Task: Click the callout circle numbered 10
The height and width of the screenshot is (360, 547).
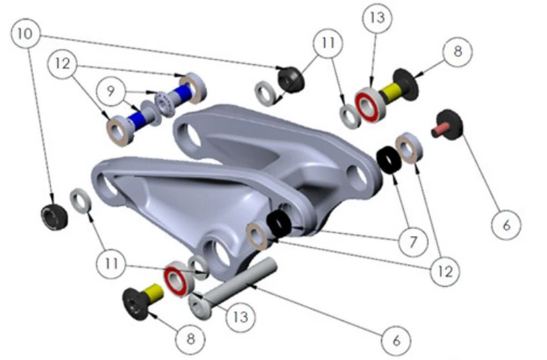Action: (x=26, y=34)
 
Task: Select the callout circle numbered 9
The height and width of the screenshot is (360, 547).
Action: (x=111, y=91)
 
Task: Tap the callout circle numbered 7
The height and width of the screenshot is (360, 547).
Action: (x=414, y=241)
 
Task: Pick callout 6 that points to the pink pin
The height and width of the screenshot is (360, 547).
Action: (x=506, y=225)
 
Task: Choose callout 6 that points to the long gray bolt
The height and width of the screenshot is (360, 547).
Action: (x=396, y=340)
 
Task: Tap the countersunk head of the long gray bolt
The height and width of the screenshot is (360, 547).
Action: (x=200, y=306)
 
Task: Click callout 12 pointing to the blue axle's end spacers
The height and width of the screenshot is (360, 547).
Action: (x=63, y=63)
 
